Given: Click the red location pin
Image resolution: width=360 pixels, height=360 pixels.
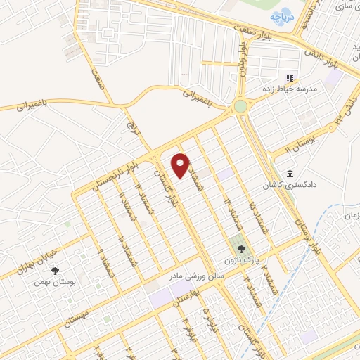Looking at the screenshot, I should click(181, 165).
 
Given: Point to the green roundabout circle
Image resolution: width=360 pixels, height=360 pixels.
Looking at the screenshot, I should click(241, 106).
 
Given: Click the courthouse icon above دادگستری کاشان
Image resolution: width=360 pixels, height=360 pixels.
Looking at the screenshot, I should click(289, 174).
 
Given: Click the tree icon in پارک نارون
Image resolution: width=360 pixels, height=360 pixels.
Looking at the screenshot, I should click(240, 248).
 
